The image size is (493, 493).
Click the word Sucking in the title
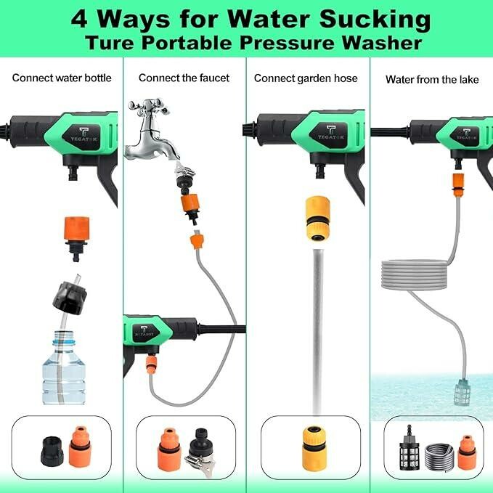pos(375,20)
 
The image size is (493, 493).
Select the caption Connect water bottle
pos(62,78)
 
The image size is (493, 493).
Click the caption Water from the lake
pos(432,79)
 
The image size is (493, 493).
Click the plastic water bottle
pos(64,367)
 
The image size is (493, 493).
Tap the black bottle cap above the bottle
pos(70,298)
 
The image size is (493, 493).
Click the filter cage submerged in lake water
pos(463,391)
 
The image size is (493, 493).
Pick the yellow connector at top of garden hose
pos(318,219)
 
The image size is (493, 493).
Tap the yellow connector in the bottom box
pos(314,449)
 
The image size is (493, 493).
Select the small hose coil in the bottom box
pos(439,455)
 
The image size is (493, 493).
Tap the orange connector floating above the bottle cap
pos(76,238)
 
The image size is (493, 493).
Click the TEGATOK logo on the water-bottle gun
pos(84,134)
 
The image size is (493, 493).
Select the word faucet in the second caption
pos(214,78)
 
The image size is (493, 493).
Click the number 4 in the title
pos(79,20)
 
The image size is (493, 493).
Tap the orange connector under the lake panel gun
pos(458,184)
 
